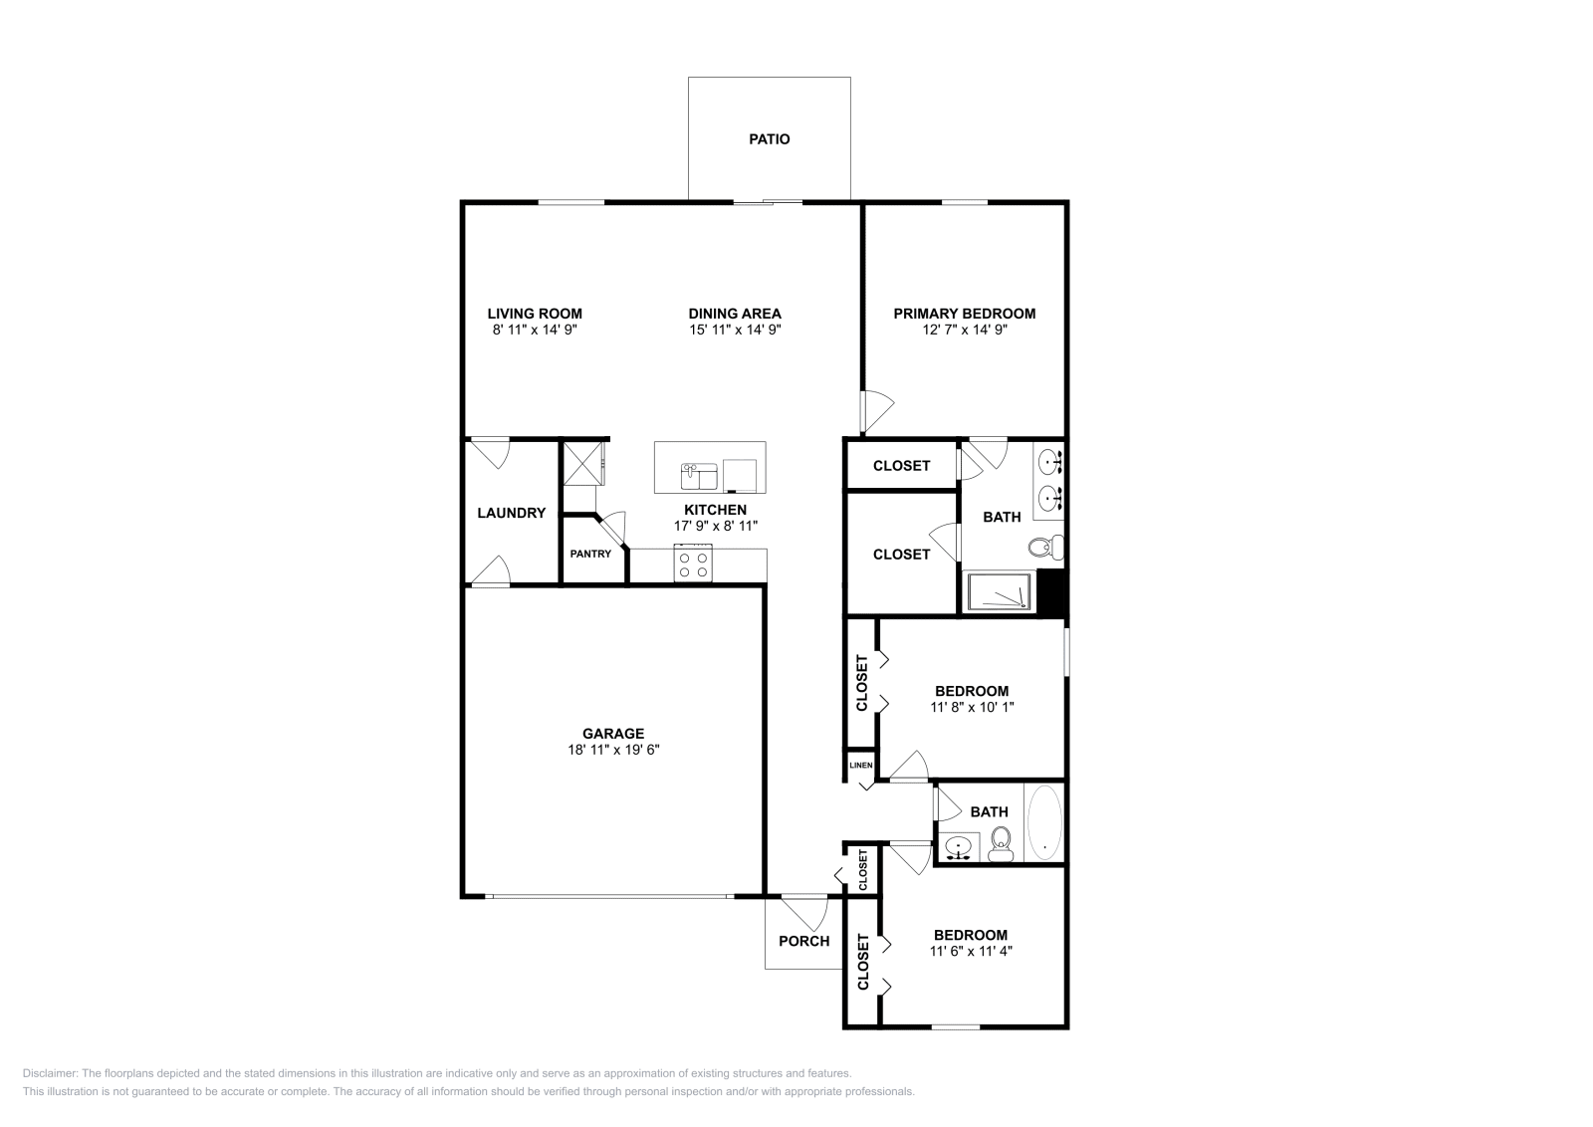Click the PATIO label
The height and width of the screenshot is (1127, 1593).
coord(769,139)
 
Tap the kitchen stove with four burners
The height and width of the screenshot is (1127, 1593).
coord(693,563)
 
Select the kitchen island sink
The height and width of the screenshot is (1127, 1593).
coord(699,477)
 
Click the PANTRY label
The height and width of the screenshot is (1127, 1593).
coord(590,554)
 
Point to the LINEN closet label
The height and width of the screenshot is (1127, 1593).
coord(860,765)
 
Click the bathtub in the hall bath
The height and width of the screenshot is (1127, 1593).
coord(1044,822)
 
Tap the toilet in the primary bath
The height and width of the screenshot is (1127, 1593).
coord(1046,547)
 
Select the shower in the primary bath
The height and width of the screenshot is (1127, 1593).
coord(998,590)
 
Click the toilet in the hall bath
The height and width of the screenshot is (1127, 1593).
coord(1001,843)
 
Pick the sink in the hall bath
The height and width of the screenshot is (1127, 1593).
coord(960,847)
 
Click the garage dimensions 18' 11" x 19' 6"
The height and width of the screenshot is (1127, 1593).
coord(613,750)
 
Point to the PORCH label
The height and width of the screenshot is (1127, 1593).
coord(803,942)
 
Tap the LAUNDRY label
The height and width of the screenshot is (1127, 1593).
coord(512,513)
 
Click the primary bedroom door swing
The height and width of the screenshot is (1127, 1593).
coord(877,411)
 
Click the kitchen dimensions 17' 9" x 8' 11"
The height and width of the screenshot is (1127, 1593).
coord(716,527)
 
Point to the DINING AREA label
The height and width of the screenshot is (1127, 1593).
coord(735,314)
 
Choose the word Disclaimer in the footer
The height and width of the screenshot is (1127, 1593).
coord(50,1073)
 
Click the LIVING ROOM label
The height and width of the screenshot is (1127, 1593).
coord(535,314)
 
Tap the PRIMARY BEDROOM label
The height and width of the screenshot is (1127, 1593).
coord(965,314)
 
